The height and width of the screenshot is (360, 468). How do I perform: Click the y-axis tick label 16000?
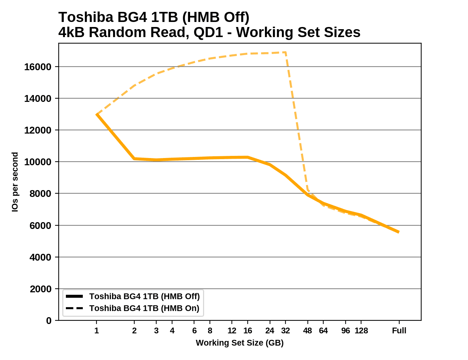click(x=37, y=67)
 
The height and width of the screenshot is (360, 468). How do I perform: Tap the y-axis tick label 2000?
click(x=40, y=289)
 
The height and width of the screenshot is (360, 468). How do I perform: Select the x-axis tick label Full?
click(x=399, y=330)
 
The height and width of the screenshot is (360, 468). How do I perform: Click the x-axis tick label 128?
click(x=361, y=330)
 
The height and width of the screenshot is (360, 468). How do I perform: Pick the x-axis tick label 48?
click(x=307, y=330)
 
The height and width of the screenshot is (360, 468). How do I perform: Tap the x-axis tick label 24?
click(x=270, y=330)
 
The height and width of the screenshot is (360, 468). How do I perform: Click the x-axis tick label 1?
click(x=96, y=330)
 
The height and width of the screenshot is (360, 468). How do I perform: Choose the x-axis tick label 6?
click(x=194, y=330)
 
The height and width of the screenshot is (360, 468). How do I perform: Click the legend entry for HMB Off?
click(x=144, y=296)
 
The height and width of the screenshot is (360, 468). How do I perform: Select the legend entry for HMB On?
click(x=144, y=308)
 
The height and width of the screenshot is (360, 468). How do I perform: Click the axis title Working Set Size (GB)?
click(x=240, y=343)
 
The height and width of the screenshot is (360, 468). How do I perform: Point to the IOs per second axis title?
click(x=15, y=182)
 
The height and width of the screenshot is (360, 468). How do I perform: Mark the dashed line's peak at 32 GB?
click(x=285, y=53)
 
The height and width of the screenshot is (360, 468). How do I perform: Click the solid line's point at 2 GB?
click(x=134, y=158)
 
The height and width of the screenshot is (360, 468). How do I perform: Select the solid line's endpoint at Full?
click(x=399, y=232)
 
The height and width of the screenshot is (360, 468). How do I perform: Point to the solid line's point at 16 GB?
click(x=248, y=157)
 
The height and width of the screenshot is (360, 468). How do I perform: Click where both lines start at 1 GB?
click(x=96, y=114)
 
